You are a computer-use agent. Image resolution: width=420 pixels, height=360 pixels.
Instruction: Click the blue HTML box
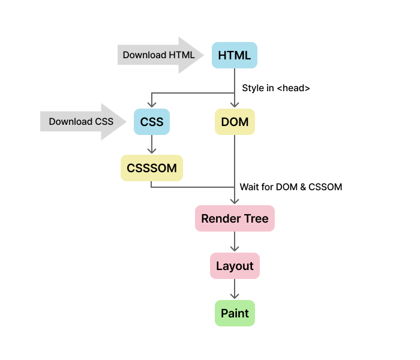pos(234,55)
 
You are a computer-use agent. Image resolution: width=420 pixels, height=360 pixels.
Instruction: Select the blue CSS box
pos(151,122)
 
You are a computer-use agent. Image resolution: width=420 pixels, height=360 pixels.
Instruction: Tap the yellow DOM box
pos(235,122)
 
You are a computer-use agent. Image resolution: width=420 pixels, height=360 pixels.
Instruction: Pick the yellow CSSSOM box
pos(151,168)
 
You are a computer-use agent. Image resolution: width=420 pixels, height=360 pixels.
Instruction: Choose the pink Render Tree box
pos(235,218)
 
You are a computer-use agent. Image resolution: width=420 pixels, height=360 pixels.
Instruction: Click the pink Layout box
pos(235,266)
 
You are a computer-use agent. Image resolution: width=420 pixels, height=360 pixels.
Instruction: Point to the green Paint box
pos(235,313)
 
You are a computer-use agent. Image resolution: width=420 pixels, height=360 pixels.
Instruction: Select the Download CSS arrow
pos(84,122)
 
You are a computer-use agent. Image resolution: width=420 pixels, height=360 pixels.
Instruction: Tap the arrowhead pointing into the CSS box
pos(151,106)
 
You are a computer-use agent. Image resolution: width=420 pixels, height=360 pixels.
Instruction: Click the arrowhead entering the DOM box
pos(235,106)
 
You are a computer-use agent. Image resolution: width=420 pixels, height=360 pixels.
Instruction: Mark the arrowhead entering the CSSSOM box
pos(151,152)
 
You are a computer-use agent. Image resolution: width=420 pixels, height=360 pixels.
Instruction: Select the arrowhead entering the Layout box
pos(235,249)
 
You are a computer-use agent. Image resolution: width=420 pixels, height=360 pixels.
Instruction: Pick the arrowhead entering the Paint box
pos(235,296)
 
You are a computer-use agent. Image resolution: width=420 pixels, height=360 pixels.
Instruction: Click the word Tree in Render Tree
pos(256,218)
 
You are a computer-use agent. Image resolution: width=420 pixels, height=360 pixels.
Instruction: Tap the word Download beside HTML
pos(145,55)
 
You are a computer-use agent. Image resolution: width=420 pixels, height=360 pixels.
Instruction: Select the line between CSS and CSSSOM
pos(151,143)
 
